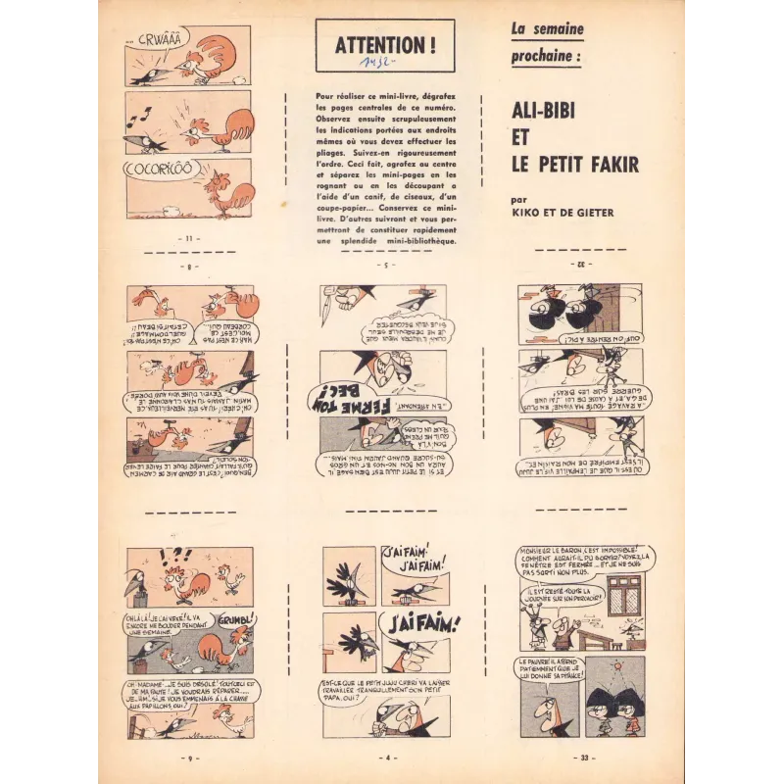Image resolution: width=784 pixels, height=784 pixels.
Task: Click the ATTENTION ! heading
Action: [x=386, y=44]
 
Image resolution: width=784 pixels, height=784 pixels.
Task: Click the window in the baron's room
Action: [x=624, y=596]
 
